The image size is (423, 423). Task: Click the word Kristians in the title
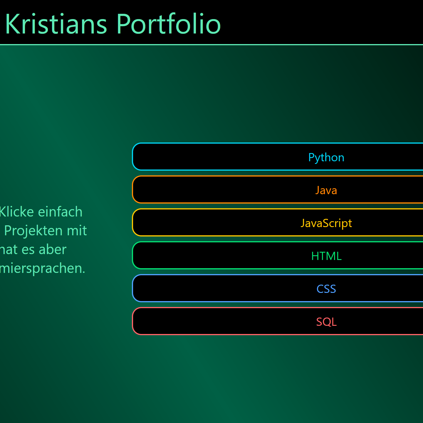[x=56, y=24]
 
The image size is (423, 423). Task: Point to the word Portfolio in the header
[x=169, y=24]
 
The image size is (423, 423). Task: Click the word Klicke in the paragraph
[x=16, y=212]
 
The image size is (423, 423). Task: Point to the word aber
[x=53, y=249]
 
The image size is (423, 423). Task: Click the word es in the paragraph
[x=28, y=249]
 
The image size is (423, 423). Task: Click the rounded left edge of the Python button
[x=133, y=157]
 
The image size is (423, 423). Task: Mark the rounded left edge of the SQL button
[x=133, y=321]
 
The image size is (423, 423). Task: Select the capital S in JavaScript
[x=325, y=223]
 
